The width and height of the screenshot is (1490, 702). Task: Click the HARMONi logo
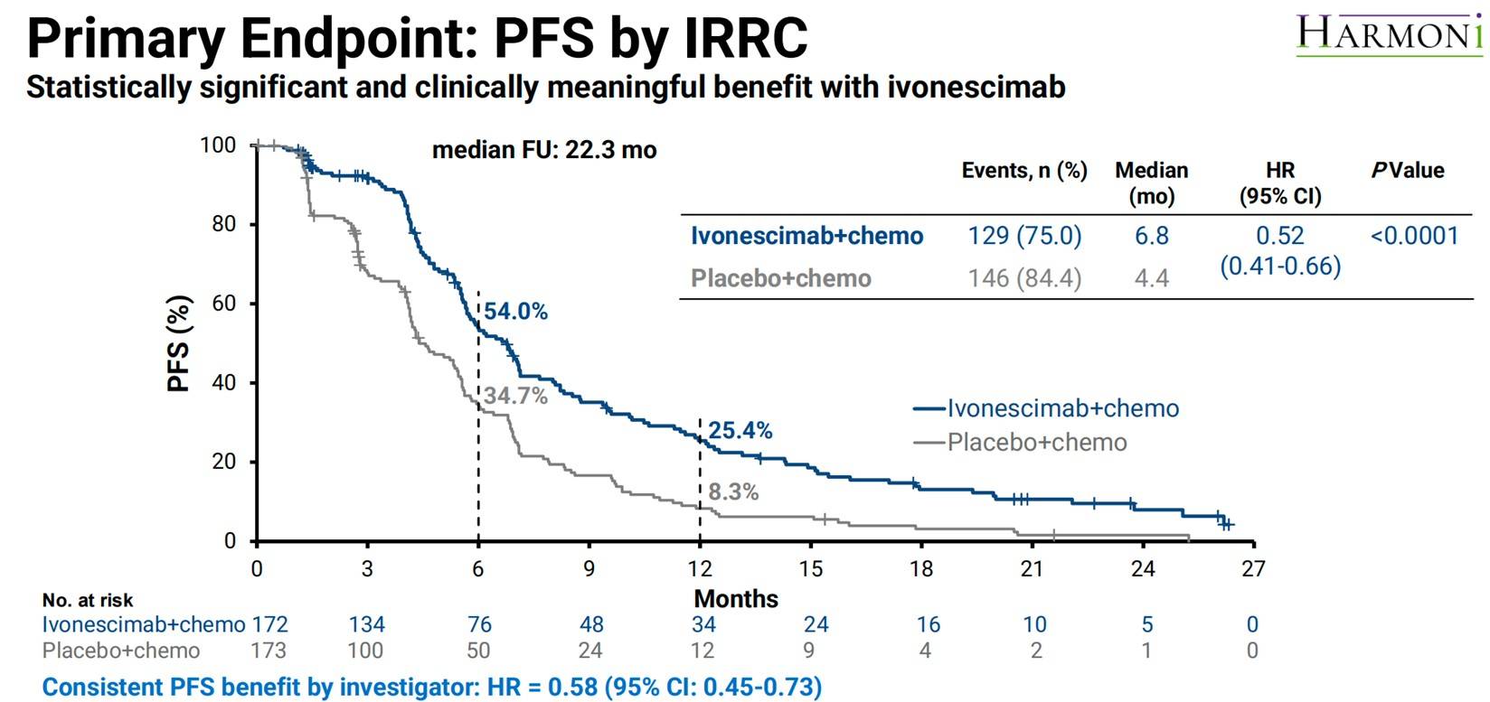(1389, 34)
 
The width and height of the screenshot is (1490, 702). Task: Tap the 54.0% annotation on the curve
(515, 312)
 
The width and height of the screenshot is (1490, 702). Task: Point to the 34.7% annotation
(515, 396)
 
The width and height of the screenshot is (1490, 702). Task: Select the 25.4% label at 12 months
(740, 431)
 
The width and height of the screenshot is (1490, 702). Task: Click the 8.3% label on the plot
(732, 492)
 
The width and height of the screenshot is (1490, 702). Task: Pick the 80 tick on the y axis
(223, 224)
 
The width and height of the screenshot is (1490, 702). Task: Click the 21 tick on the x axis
(1032, 569)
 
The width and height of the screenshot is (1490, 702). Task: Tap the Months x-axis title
(736, 599)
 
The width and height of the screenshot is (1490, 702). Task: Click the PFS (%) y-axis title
(179, 343)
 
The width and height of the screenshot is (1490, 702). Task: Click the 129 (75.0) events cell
(1024, 236)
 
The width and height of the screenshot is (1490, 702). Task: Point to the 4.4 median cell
(1151, 278)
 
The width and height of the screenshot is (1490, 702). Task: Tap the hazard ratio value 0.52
(1279, 236)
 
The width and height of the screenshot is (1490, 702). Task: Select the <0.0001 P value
(1414, 236)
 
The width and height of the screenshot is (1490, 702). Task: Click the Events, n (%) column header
(1023, 171)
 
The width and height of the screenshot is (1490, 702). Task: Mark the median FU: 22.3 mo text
(544, 150)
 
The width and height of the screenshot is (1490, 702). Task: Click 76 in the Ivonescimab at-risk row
(479, 624)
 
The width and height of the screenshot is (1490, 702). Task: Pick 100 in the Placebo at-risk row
(366, 651)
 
